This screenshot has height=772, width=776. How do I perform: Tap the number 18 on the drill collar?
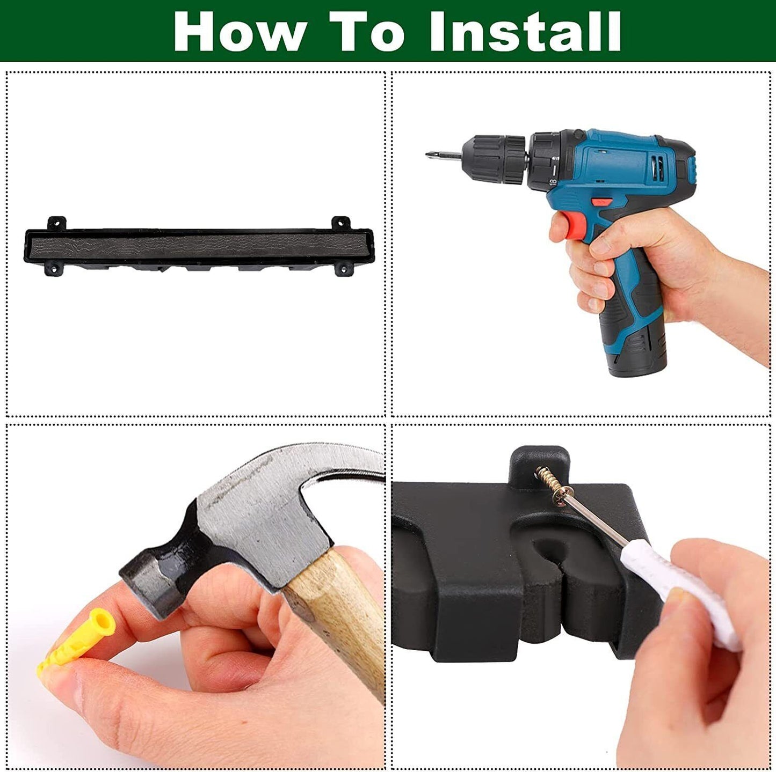coord(553,182)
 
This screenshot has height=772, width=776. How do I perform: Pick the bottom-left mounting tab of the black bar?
coord(53,268)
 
